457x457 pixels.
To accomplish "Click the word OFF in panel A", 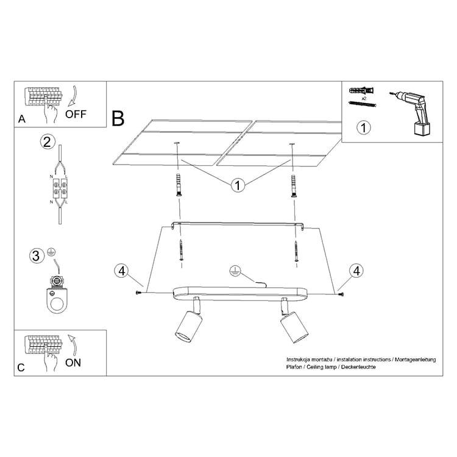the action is [x=76, y=114].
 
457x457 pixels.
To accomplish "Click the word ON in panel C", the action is [x=73, y=363].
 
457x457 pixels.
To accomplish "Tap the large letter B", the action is [x=118, y=118].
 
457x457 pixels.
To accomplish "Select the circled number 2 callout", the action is [x=47, y=141].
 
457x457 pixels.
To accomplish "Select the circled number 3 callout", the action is [x=37, y=256].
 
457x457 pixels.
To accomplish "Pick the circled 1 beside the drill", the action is [x=363, y=128].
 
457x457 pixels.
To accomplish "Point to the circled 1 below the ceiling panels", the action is [x=238, y=185].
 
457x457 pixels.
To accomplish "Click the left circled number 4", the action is [x=121, y=271].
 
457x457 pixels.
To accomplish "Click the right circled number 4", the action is [x=356, y=271].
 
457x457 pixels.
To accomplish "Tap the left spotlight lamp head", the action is [x=188, y=326].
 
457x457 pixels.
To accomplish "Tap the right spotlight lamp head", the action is [x=294, y=327].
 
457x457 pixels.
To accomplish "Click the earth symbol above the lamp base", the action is [x=235, y=270].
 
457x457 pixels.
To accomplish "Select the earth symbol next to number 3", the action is [x=51, y=252].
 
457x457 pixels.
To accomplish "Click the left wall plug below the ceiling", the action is [x=179, y=185].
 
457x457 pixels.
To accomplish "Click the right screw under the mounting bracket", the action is [x=296, y=250].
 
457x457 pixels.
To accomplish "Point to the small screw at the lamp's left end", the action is [x=139, y=292].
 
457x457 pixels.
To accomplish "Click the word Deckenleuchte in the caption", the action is [x=358, y=367].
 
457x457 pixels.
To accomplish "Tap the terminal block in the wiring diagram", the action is [x=60, y=188].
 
